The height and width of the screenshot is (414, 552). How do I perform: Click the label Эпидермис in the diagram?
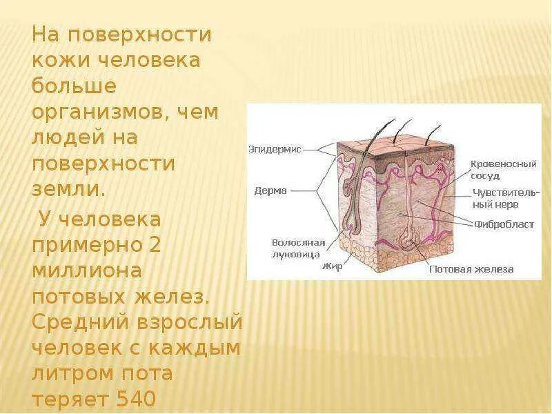[x=275, y=148]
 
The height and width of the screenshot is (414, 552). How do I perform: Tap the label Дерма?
[x=270, y=190]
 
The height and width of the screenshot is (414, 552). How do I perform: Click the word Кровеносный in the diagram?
[x=503, y=164]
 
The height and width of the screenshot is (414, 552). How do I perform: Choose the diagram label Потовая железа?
[x=472, y=269]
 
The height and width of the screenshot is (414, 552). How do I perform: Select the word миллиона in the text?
[x=88, y=271]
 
